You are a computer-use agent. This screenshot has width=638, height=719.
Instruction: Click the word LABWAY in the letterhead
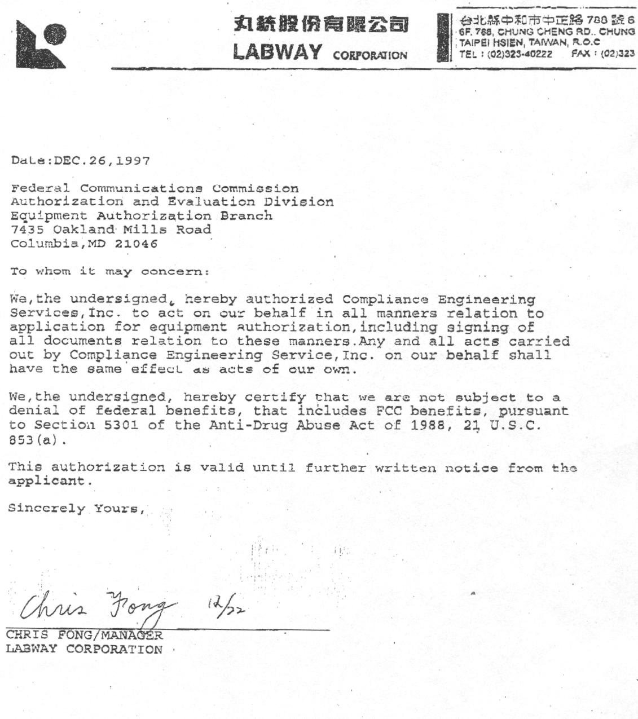pos(277,52)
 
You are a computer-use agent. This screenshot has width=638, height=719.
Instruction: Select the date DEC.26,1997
pos(102,161)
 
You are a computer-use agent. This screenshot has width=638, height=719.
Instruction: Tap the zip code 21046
pos(136,244)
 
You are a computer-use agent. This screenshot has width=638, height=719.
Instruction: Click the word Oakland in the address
pos(84,230)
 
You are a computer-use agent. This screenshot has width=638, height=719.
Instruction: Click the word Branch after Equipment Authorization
pos(246,215)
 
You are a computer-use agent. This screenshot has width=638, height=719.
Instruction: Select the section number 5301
pos(121,425)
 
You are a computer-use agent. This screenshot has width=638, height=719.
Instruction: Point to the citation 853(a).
pos(33,439)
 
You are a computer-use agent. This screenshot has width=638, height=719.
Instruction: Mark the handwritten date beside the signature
pos(226,606)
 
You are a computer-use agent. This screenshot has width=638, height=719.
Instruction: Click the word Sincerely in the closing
pos(46,509)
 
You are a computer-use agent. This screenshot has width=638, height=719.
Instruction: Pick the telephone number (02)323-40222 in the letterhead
pos(520,54)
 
